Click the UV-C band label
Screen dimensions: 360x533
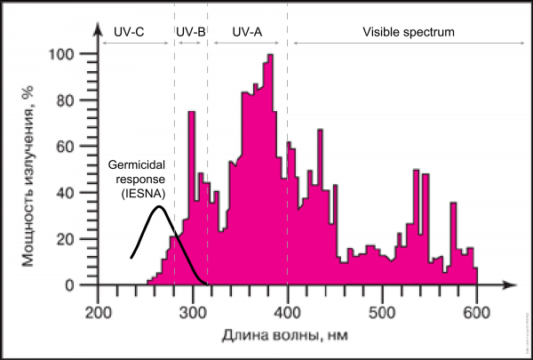tap(130, 32)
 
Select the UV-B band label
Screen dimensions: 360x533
tap(191, 32)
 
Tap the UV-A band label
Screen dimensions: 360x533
tap(247, 32)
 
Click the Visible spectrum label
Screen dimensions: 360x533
tap(409, 32)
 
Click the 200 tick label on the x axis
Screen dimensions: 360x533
tap(99, 312)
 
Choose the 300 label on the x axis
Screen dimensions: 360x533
tap(193, 312)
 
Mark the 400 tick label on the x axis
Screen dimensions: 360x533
tap(288, 312)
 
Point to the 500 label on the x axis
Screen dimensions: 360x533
tap(383, 312)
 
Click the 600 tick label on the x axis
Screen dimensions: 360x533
tap(477, 312)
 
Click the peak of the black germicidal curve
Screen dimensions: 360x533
tap(158, 207)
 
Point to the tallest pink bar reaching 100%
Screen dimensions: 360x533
tap(270, 57)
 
